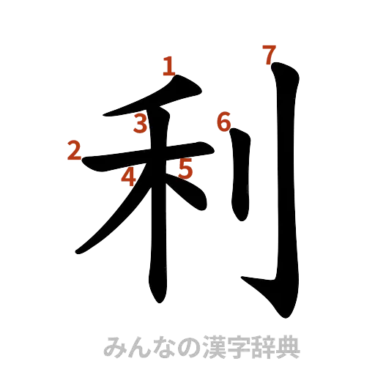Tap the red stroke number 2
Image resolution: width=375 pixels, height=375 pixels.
click(73, 150)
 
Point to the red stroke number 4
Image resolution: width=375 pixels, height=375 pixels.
click(129, 177)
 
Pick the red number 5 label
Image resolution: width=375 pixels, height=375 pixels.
click(185, 169)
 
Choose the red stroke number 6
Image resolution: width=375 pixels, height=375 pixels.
click(224, 121)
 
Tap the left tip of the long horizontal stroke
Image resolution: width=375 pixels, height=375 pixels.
click(85, 165)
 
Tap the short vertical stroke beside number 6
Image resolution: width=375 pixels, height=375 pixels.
click(240, 176)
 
